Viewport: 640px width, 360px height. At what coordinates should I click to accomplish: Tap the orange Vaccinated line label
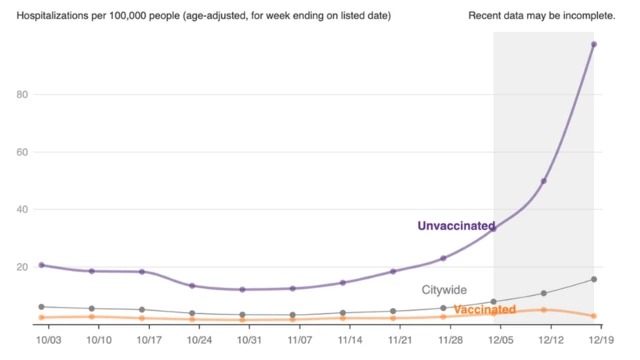(485, 310)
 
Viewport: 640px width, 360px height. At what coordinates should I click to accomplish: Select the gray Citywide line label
(444, 290)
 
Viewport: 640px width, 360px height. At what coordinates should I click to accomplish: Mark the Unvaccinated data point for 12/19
(594, 44)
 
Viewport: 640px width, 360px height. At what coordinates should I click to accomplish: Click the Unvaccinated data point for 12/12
(544, 181)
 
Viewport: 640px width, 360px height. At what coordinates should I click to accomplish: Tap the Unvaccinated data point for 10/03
(41, 265)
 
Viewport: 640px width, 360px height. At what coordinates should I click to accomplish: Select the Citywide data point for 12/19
(594, 279)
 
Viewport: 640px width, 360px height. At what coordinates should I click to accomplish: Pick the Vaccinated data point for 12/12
(544, 310)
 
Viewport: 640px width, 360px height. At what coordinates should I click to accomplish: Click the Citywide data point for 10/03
(41, 307)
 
